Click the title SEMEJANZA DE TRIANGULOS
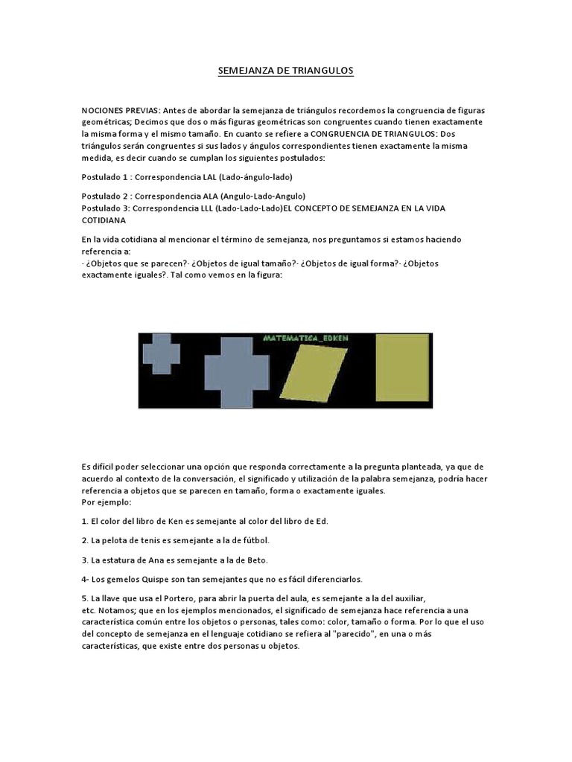pyautogui.click(x=285, y=71)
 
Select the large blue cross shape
pyautogui.click(x=236, y=371)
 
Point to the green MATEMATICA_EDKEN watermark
pyautogui.click(x=306, y=339)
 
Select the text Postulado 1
pyautogui.click(x=105, y=177)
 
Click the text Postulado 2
pyautogui.click(x=105, y=196)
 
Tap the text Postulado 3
pyautogui.click(x=105, y=208)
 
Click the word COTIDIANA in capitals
pyautogui.click(x=104, y=220)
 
